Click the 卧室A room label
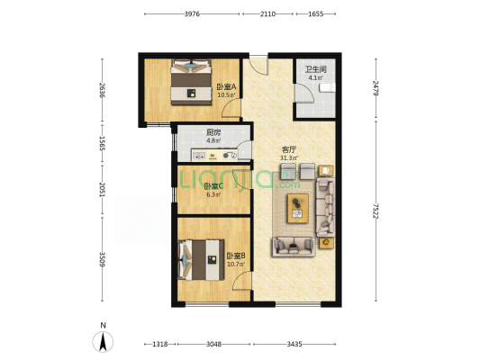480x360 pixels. [226, 87]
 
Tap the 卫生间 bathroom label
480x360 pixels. [315, 69]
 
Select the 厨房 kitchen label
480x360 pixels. [213, 132]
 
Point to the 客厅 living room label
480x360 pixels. [289, 150]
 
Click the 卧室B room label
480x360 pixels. [236, 256]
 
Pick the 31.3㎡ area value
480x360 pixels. [289, 158]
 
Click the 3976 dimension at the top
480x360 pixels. [192, 13]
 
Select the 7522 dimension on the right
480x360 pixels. [376, 211]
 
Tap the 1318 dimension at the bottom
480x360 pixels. [159, 344]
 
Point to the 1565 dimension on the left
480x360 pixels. [103, 144]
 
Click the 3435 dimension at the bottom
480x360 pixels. [294, 344]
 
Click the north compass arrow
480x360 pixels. [103, 341]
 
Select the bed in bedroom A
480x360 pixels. [191, 82]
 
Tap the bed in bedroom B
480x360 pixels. [201, 260]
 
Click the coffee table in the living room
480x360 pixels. [298, 208]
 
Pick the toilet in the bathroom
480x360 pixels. [327, 88]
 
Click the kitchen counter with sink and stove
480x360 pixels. [214, 155]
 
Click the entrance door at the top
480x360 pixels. [258, 65]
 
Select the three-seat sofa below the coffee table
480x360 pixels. [294, 247]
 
